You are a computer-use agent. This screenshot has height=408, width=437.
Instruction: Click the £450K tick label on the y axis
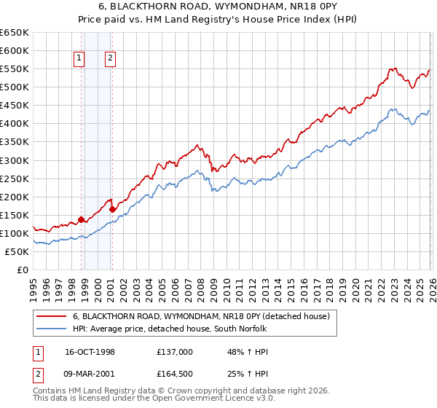tap(15, 105)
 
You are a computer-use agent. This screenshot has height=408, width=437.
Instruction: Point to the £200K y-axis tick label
tap(15, 197)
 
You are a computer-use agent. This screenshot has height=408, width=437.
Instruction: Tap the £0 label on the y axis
tap(22, 270)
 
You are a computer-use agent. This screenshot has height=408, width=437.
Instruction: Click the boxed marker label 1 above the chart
tap(78, 60)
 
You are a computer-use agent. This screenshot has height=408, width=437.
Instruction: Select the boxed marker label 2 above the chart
tap(110, 60)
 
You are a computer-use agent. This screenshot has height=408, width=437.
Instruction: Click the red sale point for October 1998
tap(81, 219)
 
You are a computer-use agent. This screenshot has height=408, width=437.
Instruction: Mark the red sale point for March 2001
tap(112, 209)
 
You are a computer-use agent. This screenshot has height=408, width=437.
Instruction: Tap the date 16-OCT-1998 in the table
tap(90, 351)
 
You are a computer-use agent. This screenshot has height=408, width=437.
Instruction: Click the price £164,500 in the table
tap(175, 375)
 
